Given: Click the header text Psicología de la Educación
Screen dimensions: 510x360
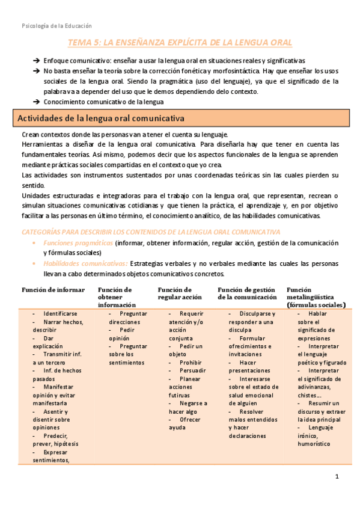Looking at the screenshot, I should click(x=56, y=26).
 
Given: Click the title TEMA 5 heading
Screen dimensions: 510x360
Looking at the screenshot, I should click(x=180, y=43).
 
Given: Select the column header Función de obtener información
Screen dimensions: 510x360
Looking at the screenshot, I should click(x=117, y=297).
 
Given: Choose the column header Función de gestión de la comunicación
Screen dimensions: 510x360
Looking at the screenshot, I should click(x=246, y=293).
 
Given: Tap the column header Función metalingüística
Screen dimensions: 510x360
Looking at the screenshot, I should click(x=316, y=297).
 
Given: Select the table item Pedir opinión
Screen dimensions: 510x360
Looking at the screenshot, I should click(x=123, y=334).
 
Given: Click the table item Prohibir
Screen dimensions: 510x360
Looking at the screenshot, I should click(x=190, y=363).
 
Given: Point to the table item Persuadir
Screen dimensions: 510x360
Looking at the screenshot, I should click(x=192, y=371).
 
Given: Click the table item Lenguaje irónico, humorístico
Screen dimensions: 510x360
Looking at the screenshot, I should click(x=314, y=440).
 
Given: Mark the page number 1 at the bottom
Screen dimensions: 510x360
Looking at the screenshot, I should click(x=337, y=477).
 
